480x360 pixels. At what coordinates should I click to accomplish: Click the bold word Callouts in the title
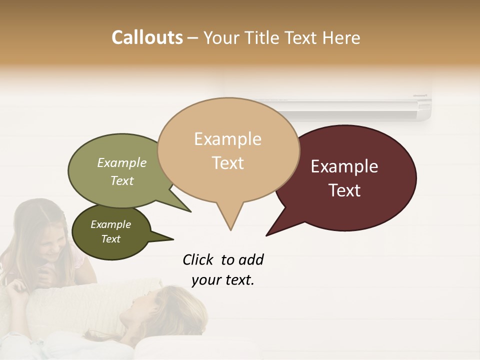[x=147, y=37]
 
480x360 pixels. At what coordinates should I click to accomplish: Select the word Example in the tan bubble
[x=227, y=139]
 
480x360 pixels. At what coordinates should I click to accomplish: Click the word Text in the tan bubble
[x=228, y=163]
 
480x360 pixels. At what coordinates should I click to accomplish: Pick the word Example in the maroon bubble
[x=344, y=166]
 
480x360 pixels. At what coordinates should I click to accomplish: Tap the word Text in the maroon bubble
[x=345, y=190]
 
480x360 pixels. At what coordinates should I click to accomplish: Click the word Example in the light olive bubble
[x=122, y=162]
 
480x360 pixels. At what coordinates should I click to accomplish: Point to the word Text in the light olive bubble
[x=122, y=180]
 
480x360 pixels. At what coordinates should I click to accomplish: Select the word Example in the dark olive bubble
[x=111, y=224]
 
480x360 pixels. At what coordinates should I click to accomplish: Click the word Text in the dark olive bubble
[x=111, y=239]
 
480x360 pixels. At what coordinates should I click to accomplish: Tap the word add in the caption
[x=250, y=259]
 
